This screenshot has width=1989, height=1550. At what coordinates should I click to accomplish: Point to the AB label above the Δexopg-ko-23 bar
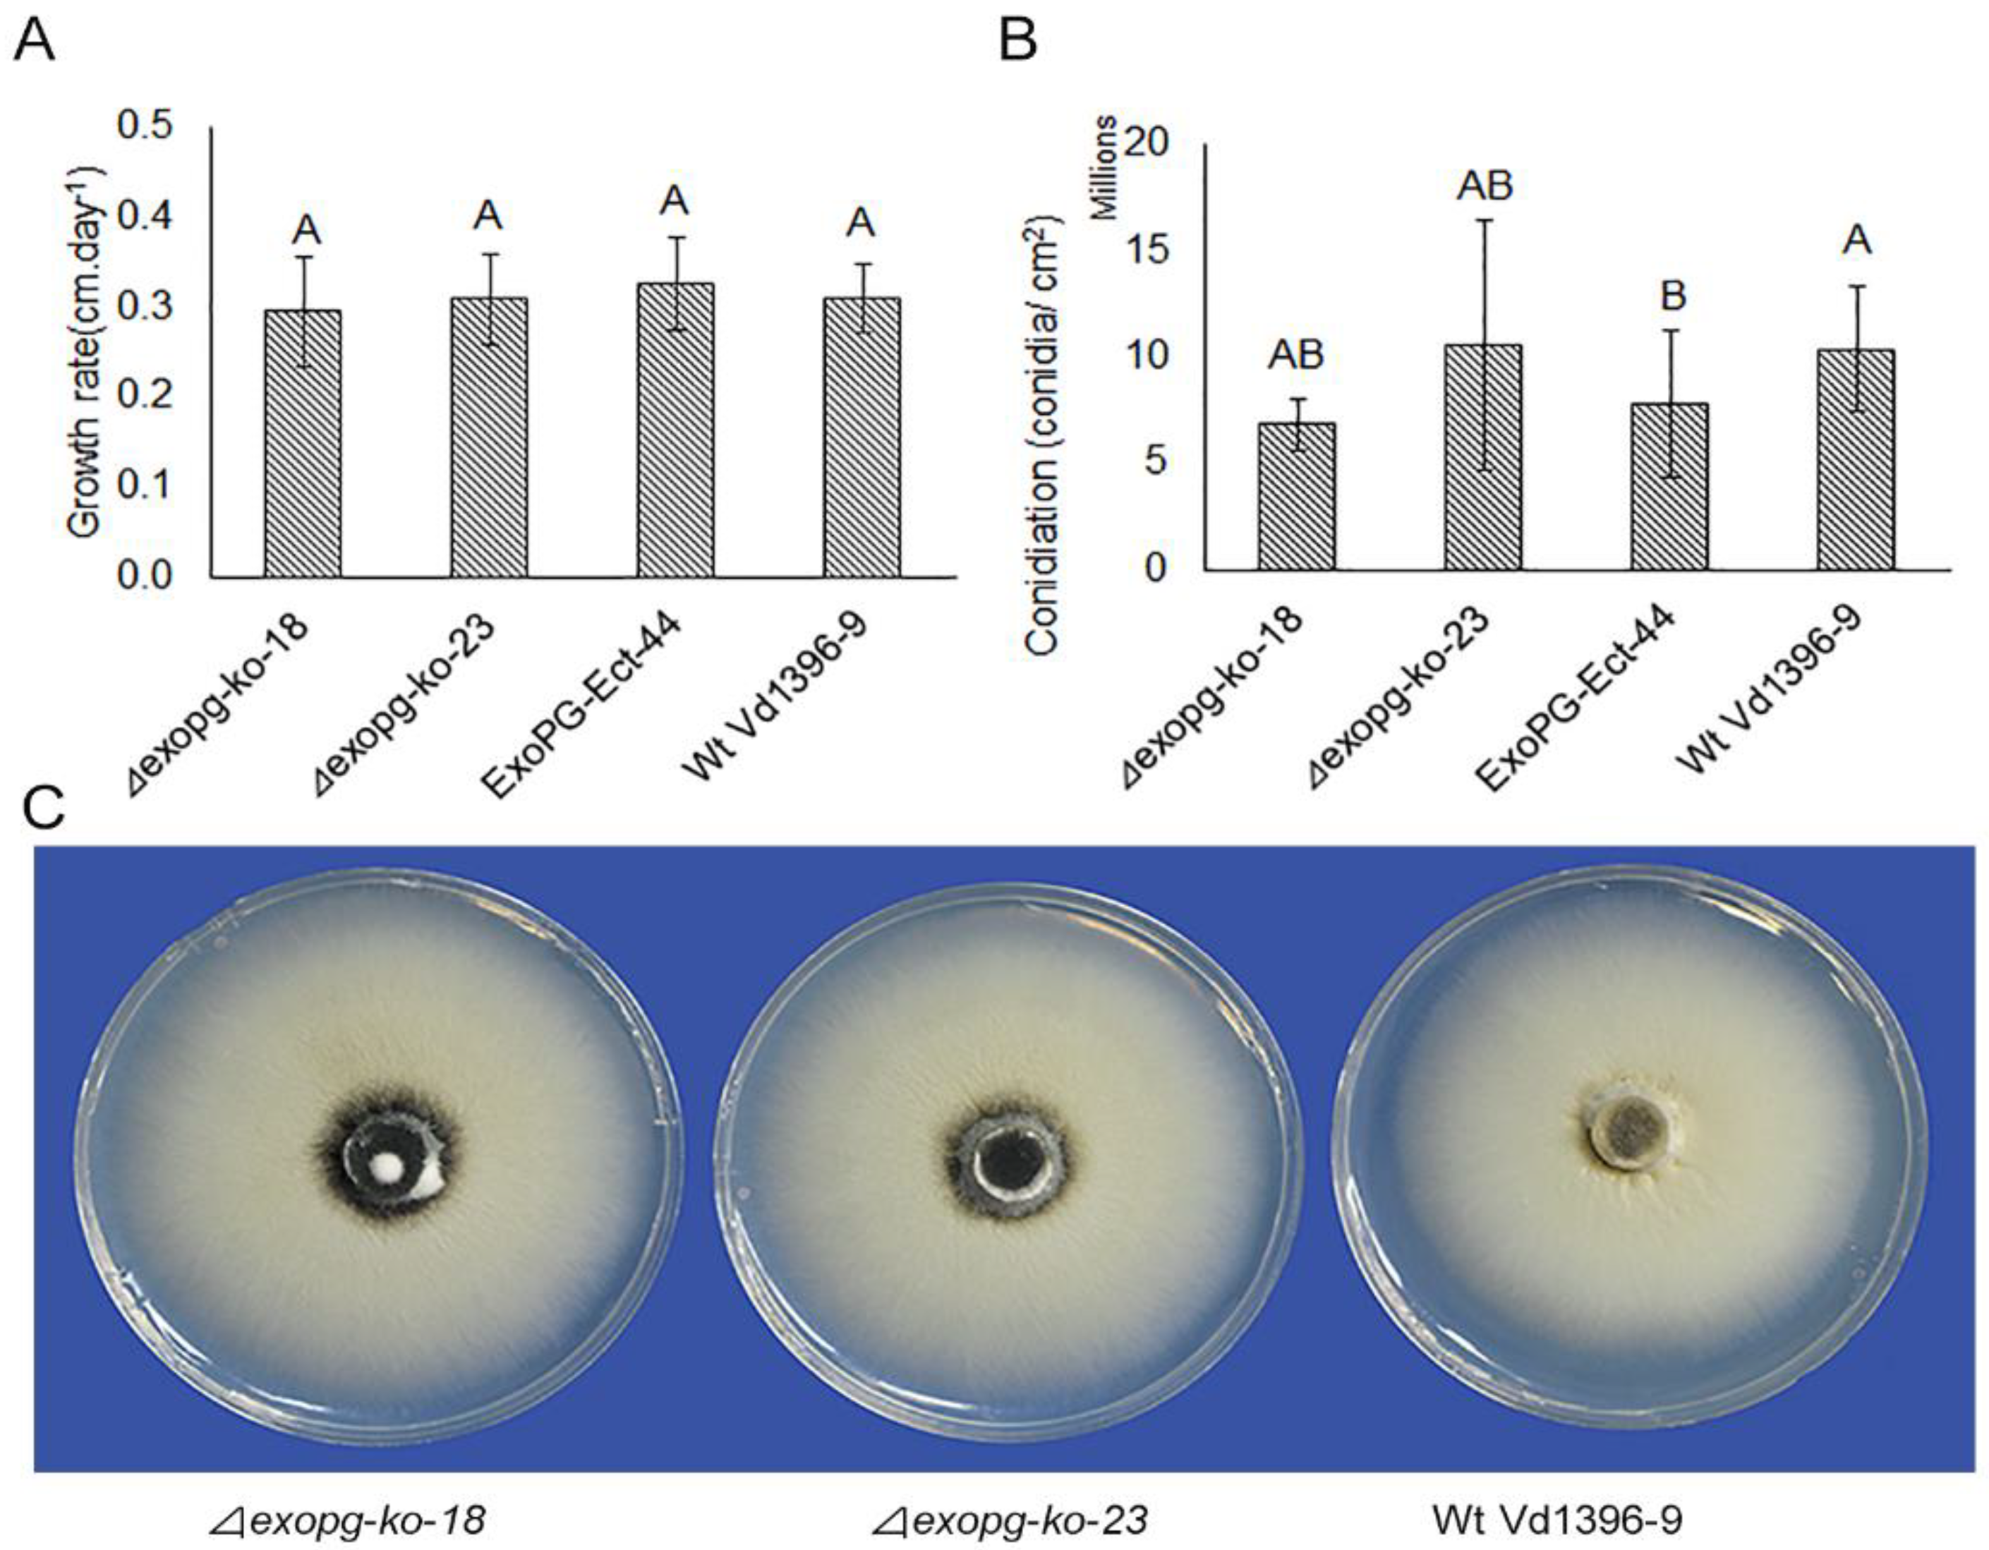(x=1485, y=186)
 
